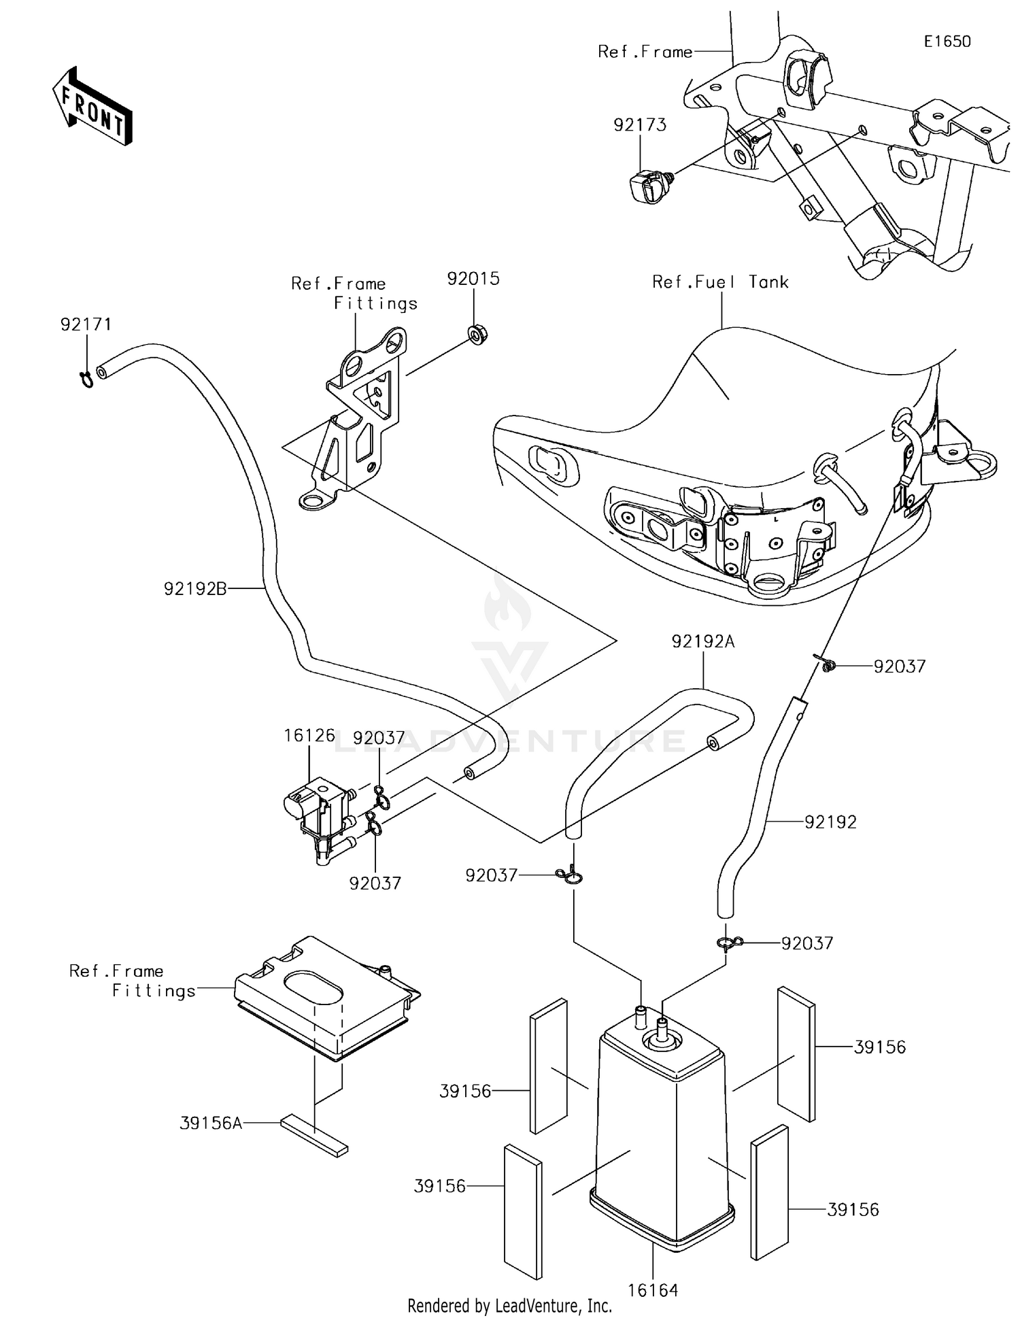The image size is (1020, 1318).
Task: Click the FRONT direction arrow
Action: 92,107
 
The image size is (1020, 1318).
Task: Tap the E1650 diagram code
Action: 947,41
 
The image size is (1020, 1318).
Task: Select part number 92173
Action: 639,125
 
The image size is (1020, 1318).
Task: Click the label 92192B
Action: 195,589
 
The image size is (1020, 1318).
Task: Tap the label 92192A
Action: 702,641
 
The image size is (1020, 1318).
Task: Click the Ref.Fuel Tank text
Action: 719,282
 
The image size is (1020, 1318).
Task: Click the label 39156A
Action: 211,1123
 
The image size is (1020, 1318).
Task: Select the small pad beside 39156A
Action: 314,1135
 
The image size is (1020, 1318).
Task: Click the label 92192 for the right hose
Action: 830,822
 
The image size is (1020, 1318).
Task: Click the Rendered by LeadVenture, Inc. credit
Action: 509,1306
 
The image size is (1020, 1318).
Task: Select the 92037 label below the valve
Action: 375,883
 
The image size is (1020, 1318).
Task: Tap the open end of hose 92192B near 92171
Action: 102,371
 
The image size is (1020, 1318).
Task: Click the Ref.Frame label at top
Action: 645,52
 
